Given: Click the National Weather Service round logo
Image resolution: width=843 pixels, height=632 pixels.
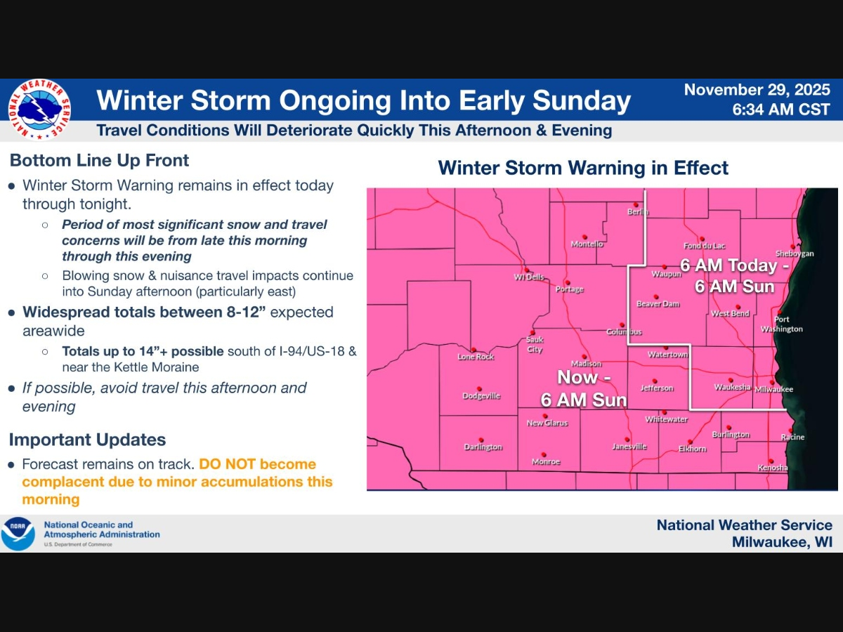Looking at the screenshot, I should [39, 110].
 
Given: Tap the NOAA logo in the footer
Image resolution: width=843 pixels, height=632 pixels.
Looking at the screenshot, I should [18, 534].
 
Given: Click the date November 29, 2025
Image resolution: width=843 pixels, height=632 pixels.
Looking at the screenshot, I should [757, 91].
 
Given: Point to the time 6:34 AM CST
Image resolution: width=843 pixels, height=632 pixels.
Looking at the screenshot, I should [780, 110].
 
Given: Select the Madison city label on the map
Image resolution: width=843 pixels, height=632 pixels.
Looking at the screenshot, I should [586, 364].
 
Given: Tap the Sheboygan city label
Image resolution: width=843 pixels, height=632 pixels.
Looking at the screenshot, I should [794, 254].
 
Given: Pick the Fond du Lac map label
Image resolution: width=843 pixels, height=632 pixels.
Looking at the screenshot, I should [704, 246].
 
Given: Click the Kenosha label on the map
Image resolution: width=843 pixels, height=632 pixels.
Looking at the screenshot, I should [772, 468].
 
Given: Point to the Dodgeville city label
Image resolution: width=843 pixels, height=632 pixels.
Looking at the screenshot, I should [481, 396].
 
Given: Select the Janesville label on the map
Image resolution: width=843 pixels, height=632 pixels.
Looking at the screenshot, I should [629, 446].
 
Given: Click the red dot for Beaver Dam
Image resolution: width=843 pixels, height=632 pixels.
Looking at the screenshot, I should [656, 296].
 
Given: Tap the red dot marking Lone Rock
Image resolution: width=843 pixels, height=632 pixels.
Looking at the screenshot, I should [474, 350].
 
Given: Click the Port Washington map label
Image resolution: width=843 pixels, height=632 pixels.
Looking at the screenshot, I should [781, 324].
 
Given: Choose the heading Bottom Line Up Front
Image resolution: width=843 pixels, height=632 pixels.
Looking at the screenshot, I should [99, 161].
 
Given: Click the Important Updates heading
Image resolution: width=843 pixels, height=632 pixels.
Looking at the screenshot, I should [87, 440].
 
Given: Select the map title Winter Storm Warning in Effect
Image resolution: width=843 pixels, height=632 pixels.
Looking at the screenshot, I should [583, 169].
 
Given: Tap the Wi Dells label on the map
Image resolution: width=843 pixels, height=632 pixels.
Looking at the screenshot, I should [529, 277].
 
